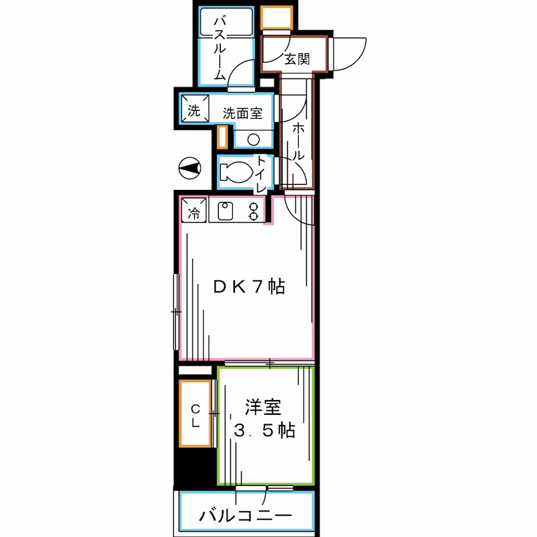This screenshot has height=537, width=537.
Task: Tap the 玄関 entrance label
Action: (296, 59)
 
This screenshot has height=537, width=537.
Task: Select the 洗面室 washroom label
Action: (238, 113)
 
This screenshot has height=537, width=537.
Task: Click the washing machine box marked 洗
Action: (193, 111)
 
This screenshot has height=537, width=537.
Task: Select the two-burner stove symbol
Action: (254, 211)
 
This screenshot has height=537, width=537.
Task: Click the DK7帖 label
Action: (249, 287)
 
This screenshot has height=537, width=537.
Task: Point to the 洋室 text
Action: (262, 407)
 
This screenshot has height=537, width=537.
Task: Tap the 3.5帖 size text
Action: (264, 430)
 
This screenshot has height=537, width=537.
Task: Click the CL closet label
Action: (195, 416)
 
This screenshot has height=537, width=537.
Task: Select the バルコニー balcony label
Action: (245, 516)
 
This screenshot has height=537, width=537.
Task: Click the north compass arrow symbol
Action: (191, 168)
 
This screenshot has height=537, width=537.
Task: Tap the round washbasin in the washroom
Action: (254, 140)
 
